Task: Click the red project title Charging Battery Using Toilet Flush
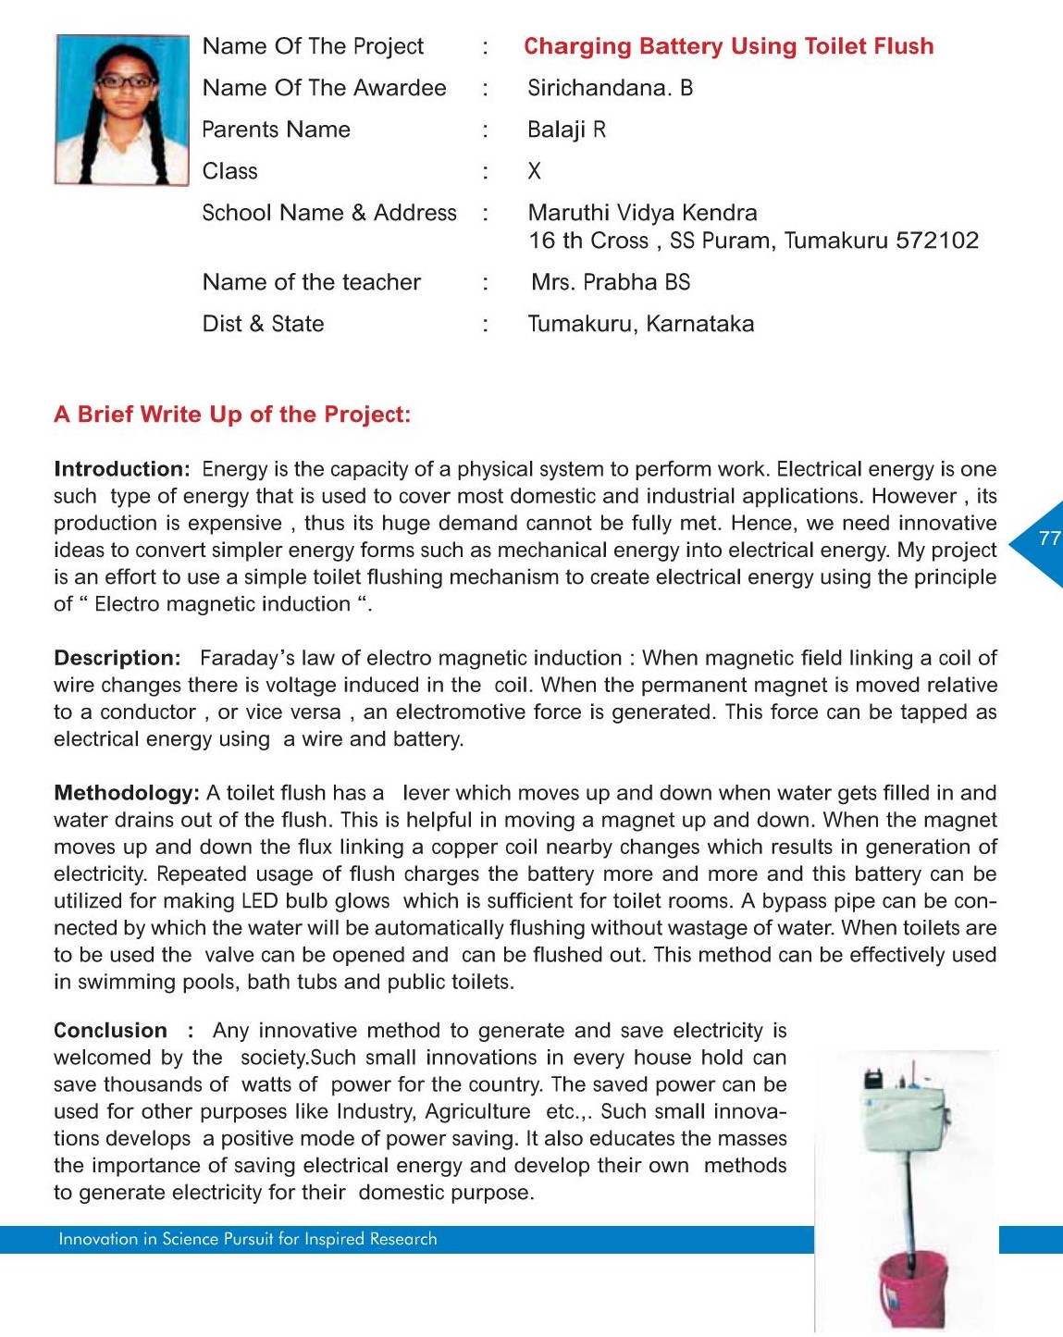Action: click(x=728, y=46)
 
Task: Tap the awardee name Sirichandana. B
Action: click(x=610, y=88)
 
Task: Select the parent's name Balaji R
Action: click(x=566, y=130)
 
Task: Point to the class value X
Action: click(x=534, y=171)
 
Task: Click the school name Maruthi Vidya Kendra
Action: click(x=642, y=213)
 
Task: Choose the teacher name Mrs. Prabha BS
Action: click(x=611, y=282)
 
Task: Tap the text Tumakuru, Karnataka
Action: click(x=640, y=324)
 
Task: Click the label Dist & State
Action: click(x=263, y=324)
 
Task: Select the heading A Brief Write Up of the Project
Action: click(x=232, y=415)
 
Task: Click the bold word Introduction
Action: click(x=121, y=469)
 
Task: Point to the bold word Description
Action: click(x=117, y=658)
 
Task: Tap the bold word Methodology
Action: click(x=126, y=793)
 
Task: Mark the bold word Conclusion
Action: click(x=110, y=1031)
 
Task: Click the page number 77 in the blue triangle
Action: click(x=1049, y=539)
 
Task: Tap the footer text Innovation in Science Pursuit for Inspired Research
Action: click(x=247, y=1239)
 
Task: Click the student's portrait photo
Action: click(x=121, y=110)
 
